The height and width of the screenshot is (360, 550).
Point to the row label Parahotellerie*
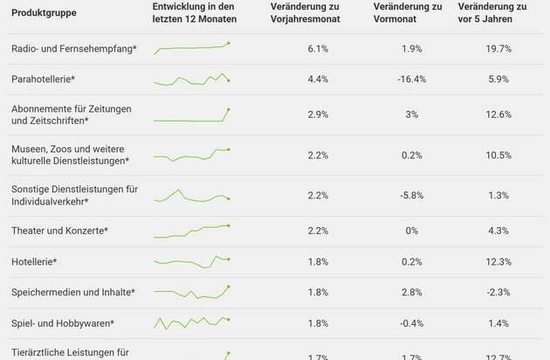tap(44, 79)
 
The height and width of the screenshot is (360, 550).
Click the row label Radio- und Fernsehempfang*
tap(74, 49)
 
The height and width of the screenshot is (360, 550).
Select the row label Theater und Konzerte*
tap(59, 231)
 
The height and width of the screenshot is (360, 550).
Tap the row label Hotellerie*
tap(34, 262)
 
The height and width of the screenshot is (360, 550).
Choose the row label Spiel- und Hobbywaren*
tap(63, 323)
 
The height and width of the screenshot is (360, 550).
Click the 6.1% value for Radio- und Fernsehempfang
tap(318, 49)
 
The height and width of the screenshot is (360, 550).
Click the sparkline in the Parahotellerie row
tap(191, 80)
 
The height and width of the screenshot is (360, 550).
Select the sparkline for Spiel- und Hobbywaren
tap(191, 322)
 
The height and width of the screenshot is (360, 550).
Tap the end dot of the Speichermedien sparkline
tap(229, 286)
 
